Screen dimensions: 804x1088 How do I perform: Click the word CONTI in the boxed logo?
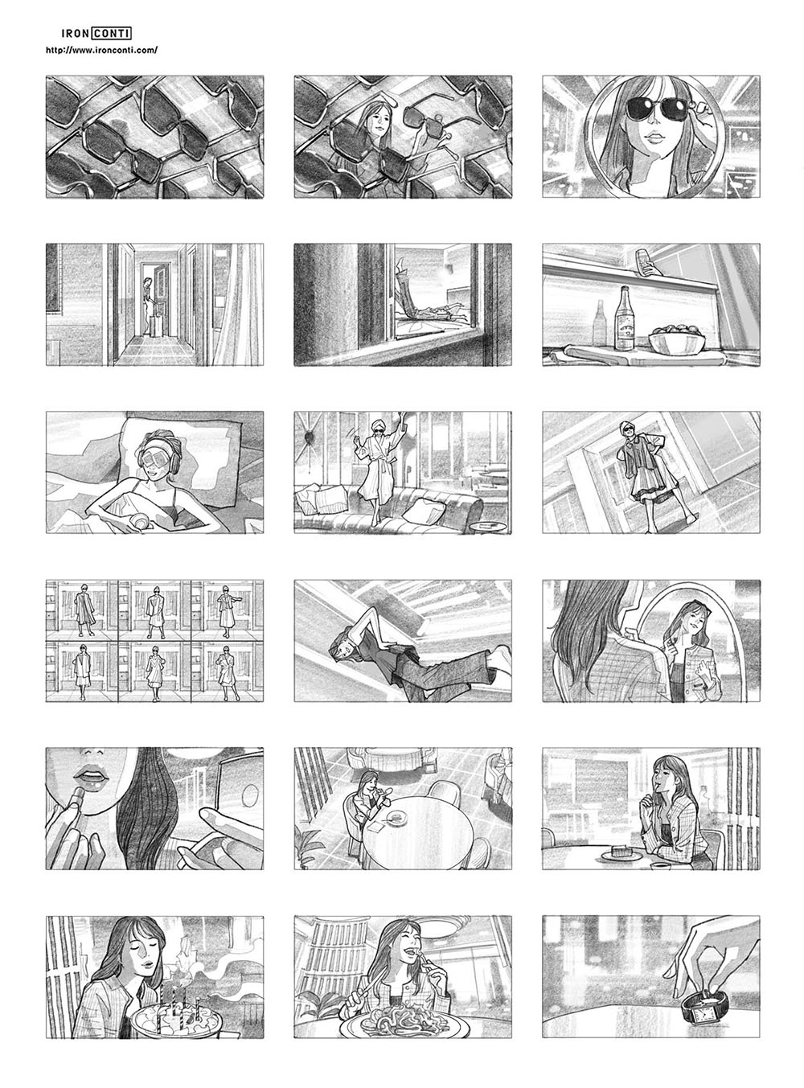click(112, 33)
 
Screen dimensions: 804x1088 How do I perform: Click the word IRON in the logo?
click(75, 33)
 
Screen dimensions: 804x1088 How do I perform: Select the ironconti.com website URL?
click(101, 50)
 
